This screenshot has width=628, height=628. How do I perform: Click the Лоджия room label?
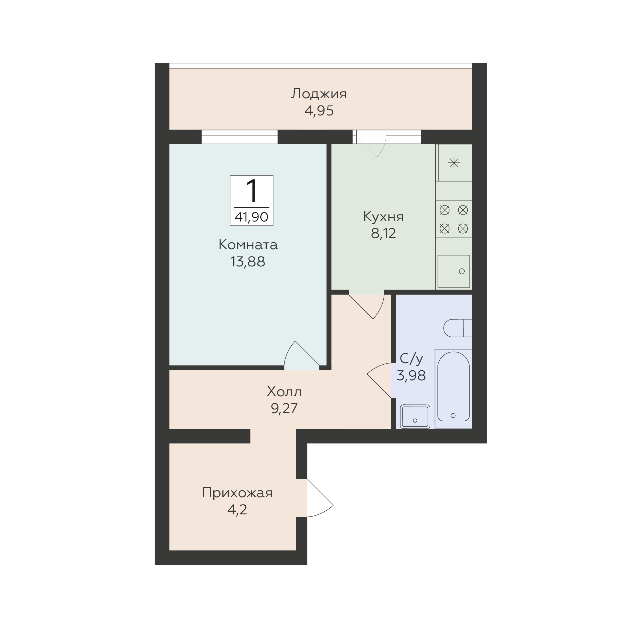tap(319, 94)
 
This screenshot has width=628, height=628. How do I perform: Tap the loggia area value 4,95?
tap(319, 111)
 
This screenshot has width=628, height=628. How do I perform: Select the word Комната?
tap(248, 245)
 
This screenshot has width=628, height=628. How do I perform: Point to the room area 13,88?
tap(248, 262)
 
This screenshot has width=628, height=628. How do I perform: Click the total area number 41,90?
tap(251, 217)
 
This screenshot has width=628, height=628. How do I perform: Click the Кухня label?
tap(383, 217)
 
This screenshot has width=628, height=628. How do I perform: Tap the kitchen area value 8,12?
tap(383, 233)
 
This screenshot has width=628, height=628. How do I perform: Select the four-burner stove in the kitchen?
tap(454, 219)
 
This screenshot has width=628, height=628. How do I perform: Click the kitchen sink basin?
tap(454, 271)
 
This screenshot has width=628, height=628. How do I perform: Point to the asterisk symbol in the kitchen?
tap(454, 162)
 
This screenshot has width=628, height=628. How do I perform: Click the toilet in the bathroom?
tap(458, 328)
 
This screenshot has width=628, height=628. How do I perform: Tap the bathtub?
tap(454, 389)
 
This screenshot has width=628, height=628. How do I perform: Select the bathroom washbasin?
tap(415, 417)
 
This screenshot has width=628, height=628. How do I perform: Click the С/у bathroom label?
tap(411, 359)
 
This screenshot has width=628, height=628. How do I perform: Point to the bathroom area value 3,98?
tap(411, 376)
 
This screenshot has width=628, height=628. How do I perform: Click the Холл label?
tap(284, 392)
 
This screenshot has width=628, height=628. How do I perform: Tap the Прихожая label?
tap(237, 493)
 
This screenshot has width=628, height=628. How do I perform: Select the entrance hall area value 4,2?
tap(237, 510)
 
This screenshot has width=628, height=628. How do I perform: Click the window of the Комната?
tap(240, 137)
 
